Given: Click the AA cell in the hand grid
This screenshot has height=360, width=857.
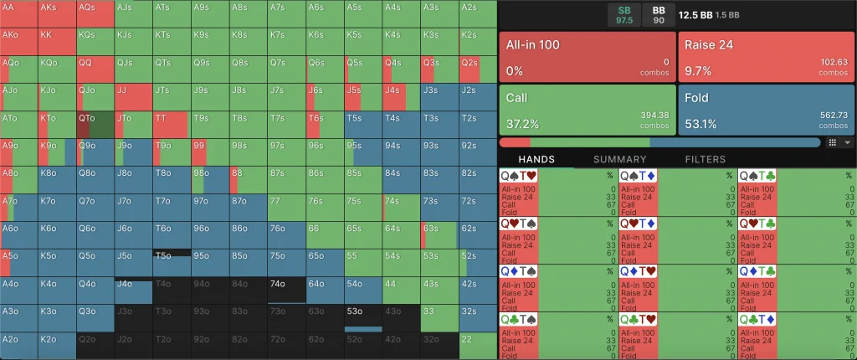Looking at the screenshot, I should [x=19, y=13].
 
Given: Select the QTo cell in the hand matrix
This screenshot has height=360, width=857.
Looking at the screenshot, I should [x=95, y=124].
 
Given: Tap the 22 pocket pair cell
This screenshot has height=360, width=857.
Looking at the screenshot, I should [x=478, y=345].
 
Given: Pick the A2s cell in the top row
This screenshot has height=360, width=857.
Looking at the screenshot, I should [x=478, y=13].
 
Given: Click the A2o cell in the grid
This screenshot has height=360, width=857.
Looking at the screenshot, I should [x=19, y=345].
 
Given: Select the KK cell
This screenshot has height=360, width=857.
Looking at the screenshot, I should [x=57, y=41].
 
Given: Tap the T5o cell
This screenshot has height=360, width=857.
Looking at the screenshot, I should [x=172, y=262].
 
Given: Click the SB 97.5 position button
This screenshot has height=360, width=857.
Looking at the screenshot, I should [x=624, y=14].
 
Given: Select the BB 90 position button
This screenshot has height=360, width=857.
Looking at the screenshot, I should [x=658, y=14].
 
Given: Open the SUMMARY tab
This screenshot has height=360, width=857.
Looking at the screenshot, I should [x=619, y=159].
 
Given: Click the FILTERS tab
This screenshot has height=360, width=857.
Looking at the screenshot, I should [x=705, y=159].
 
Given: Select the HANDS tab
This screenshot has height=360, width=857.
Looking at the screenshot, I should [x=536, y=159].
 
